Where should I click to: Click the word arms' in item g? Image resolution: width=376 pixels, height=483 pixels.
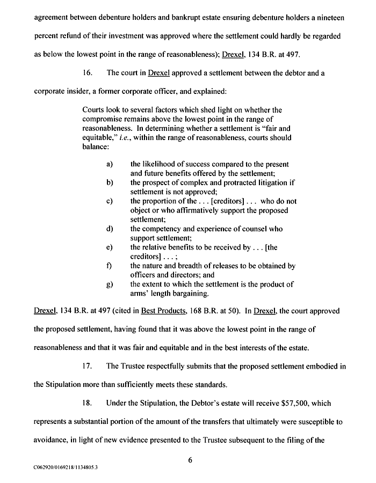tap(141, 294)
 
